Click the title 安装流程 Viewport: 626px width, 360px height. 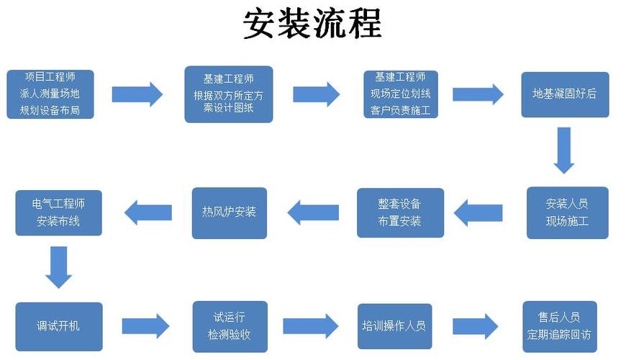pyautogui.click(x=312, y=24)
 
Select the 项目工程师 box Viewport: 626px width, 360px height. pyautogui.click(x=50, y=94)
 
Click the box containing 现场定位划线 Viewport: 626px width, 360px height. pyautogui.click(x=400, y=94)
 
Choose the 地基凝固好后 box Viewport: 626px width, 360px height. pyautogui.click(x=565, y=94)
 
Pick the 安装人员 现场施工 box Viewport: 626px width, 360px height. pyautogui.click(x=567, y=212)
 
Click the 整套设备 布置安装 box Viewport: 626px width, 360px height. pyautogui.click(x=400, y=212)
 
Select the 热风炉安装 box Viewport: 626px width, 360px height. pyautogui.click(x=229, y=212)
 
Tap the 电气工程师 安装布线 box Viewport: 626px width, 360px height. pyautogui.click(x=59, y=212)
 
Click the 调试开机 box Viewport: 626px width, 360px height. pyautogui.click(x=59, y=326)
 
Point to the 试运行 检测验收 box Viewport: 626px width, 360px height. pyautogui.click(x=229, y=326)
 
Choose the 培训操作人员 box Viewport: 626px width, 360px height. pyautogui.click(x=394, y=326)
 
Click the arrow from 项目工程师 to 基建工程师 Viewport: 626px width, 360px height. pyautogui.click(x=137, y=94)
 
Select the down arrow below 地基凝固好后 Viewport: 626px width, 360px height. pyautogui.click(x=564, y=150)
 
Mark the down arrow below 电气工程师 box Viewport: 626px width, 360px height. pyautogui.click(x=59, y=267)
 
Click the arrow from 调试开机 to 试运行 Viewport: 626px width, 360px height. pyautogui.click(x=145, y=326)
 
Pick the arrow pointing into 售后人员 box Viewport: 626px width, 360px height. pyautogui.click(x=475, y=326)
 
